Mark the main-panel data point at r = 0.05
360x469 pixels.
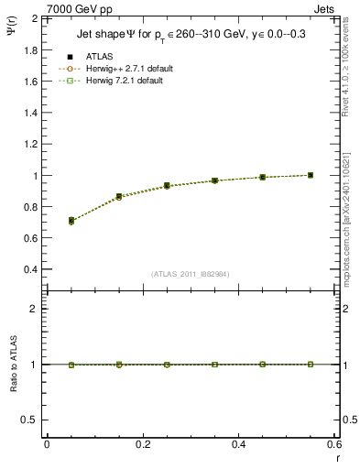[x=71, y=221]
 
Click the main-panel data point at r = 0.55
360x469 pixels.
[x=311, y=175]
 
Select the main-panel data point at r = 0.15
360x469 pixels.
[x=119, y=197]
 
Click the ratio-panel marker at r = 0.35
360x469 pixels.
[x=214, y=365]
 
